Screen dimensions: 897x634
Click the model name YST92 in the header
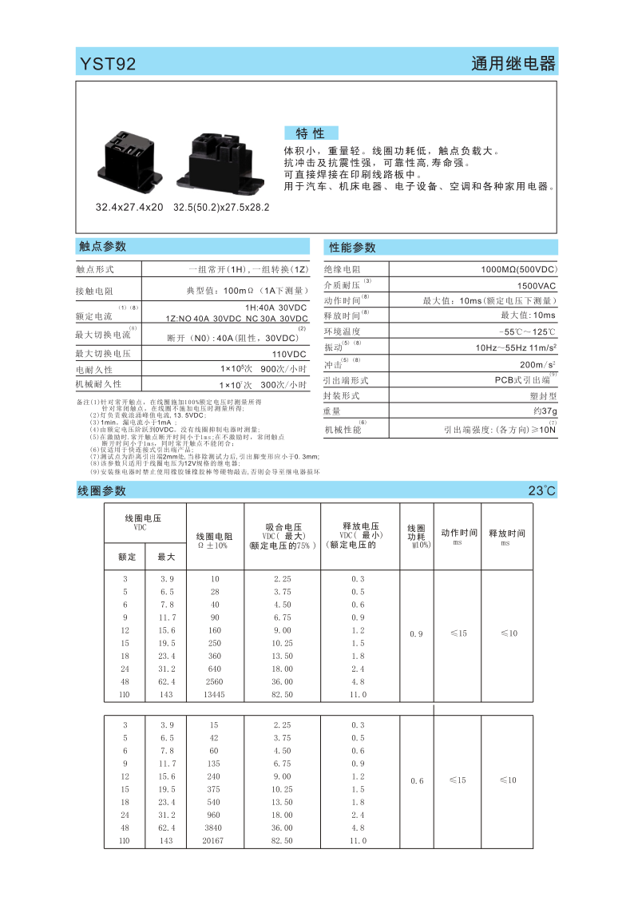point(108,64)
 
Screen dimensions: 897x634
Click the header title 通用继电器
point(513,64)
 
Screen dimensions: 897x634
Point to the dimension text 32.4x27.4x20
point(129,208)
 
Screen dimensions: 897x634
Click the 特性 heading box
point(311,133)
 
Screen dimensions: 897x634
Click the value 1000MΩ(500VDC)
point(518,270)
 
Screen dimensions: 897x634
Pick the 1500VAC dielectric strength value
point(537,285)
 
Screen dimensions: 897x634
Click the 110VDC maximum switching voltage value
point(289,354)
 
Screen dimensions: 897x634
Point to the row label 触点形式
point(95,269)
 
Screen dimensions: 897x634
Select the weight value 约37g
point(545,411)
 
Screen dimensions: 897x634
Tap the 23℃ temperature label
point(541,490)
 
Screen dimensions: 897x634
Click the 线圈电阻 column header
point(214,537)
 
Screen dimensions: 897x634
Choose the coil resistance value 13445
point(214,695)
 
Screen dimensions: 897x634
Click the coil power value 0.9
point(416,633)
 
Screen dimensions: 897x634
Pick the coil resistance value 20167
point(214,841)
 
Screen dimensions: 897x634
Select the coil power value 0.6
point(416,780)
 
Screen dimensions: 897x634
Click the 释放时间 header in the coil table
point(506,533)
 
